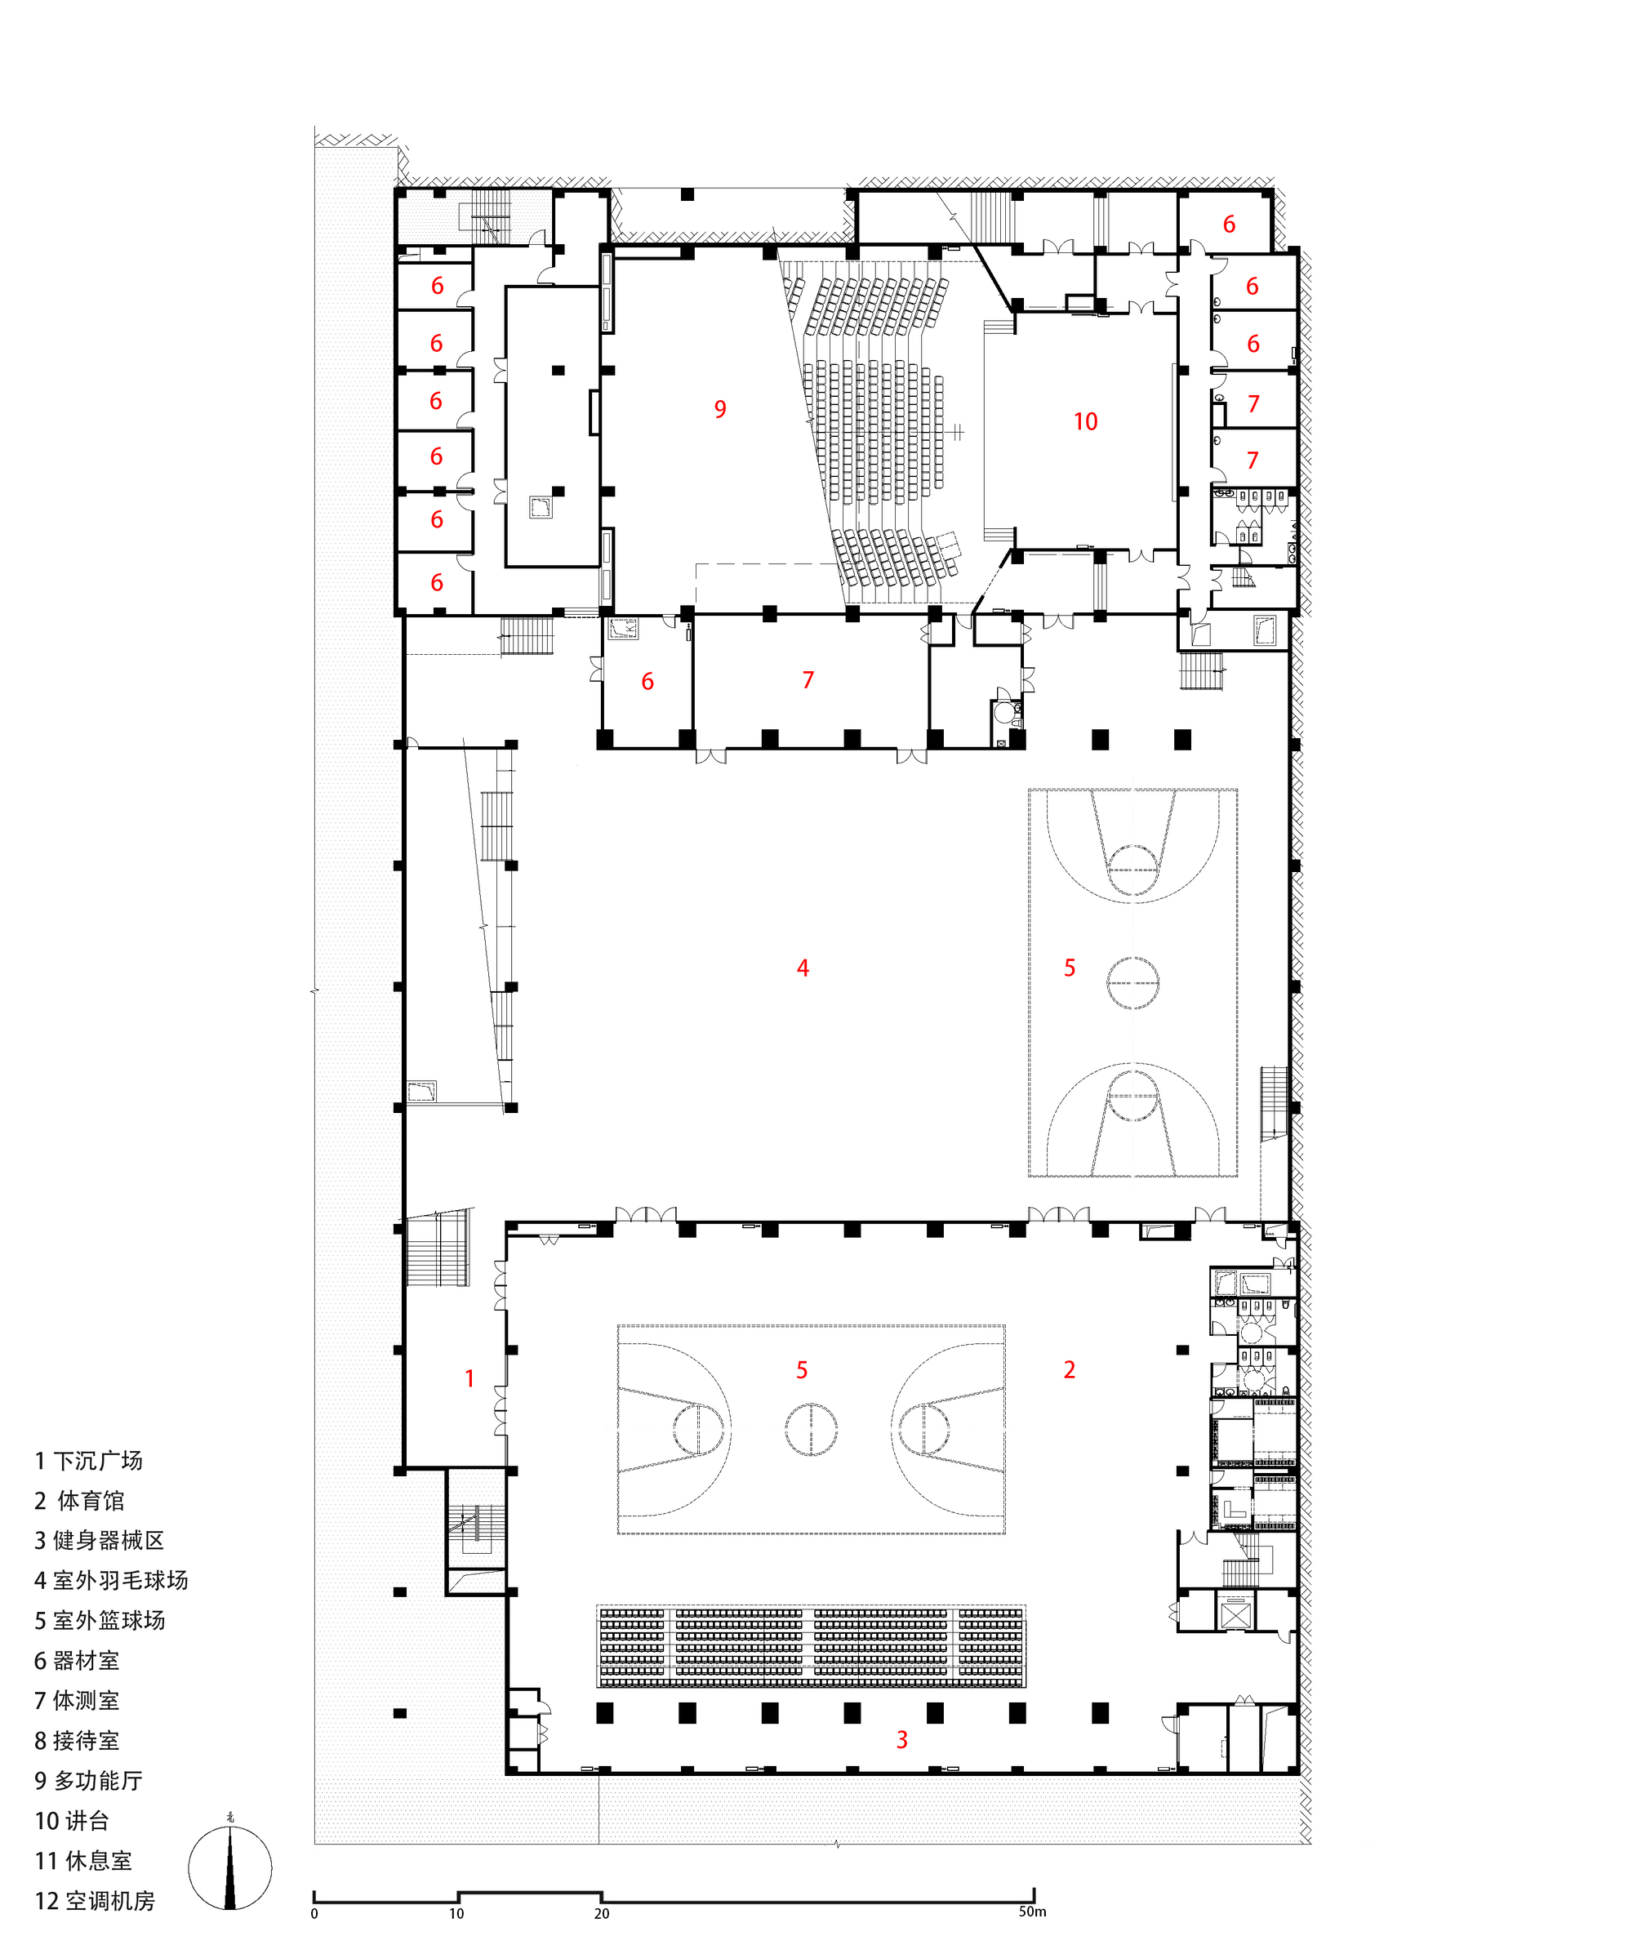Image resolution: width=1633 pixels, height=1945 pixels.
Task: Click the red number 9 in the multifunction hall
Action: click(x=719, y=408)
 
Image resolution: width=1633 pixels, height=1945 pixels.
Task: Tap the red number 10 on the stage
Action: click(x=1084, y=421)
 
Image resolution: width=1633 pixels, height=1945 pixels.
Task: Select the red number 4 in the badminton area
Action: click(x=802, y=968)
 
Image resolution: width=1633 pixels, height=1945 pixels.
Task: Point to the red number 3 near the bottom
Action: click(x=901, y=1739)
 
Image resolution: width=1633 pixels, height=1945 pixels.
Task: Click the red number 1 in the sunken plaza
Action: click(x=469, y=1378)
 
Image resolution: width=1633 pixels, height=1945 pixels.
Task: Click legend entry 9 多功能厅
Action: click(x=89, y=1780)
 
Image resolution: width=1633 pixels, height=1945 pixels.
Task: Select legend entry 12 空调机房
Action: click(x=95, y=1901)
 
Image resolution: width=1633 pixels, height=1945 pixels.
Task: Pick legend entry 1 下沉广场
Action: click(x=89, y=1461)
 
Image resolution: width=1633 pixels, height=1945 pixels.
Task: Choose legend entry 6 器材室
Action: click(x=77, y=1661)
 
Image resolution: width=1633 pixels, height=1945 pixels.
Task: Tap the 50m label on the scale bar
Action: click(x=1032, y=1912)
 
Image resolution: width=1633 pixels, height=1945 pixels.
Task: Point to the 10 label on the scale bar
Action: click(x=456, y=1913)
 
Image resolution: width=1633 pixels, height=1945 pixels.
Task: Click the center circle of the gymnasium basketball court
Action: click(x=812, y=1429)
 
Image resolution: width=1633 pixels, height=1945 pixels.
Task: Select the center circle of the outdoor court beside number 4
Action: click(x=1132, y=981)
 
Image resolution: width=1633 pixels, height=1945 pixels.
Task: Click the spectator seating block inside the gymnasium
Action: click(x=812, y=1647)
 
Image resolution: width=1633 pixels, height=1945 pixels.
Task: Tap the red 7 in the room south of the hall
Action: click(x=808, y=680)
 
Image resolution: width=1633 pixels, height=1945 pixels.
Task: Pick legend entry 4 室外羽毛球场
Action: click(x=111, y=1580)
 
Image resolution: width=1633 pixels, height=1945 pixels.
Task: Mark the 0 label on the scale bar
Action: click(x=314, y=1913)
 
